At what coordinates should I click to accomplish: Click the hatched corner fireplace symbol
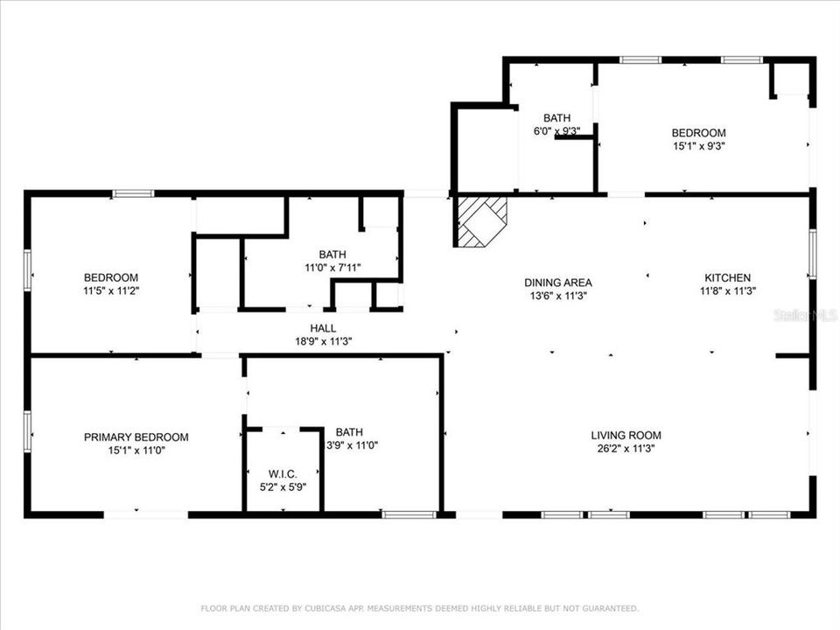[479, 220]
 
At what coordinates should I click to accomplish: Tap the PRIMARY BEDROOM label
[136, 437]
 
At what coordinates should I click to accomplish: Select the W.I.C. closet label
[283, 473]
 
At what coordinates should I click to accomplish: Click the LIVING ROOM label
[626, 435]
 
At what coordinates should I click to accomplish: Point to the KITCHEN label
[726, 278]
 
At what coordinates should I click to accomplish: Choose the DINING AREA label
[557, 283]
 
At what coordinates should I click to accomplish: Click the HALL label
[323, 328]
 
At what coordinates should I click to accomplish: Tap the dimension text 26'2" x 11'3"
[626, 448]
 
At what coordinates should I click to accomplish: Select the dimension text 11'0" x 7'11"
[332, 268]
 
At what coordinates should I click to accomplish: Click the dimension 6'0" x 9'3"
[556, 131]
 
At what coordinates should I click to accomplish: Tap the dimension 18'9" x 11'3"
[323, 341]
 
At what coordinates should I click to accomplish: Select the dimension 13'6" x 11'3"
[557, 296]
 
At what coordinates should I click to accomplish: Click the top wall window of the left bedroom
[133, 193]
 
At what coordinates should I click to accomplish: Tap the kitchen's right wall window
[812, 254]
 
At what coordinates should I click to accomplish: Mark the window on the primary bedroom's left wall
[27, 431]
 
